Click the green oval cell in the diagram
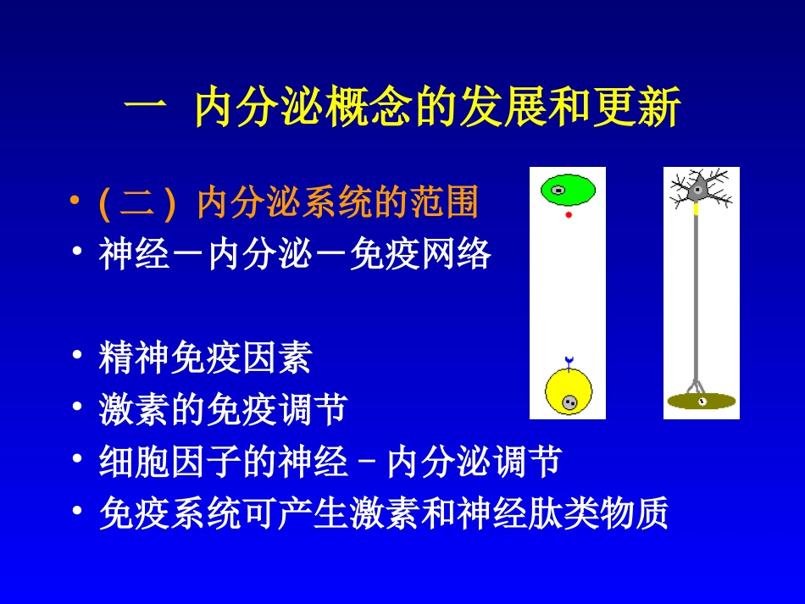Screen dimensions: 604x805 568,189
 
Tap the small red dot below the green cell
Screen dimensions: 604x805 569,215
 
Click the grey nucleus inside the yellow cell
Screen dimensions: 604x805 570,402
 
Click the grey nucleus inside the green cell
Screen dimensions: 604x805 558,190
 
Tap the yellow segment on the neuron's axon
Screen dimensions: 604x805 697,209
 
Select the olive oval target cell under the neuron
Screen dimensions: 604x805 701,401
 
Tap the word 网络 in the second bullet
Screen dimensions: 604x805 464,254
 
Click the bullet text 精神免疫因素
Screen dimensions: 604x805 205,359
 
